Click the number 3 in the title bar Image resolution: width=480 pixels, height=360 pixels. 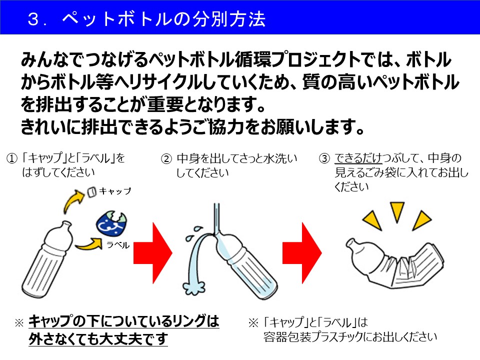point(34,19)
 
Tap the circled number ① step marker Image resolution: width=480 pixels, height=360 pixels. point(11,159)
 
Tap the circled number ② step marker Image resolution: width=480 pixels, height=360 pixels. point(165,159)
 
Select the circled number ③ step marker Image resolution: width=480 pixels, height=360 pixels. point(324,159)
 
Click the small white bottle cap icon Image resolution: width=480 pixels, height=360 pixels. point(91,191)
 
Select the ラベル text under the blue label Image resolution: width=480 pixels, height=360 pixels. point(118,245)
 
